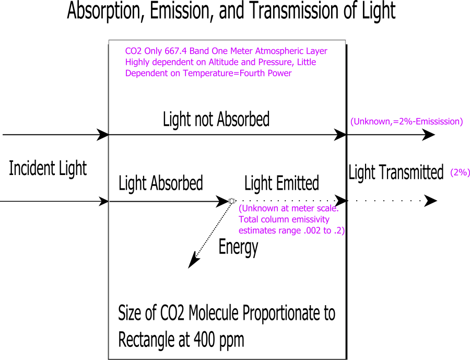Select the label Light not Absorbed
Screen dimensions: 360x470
pos(216,120)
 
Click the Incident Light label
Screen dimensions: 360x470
pos(48,169)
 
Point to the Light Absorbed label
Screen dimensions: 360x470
pos(161,183)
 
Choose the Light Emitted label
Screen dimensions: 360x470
pos(281,183)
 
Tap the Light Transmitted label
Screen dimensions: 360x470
pos(396,172)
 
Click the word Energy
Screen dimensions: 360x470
pos(238,247)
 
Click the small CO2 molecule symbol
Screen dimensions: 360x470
pos(231,201)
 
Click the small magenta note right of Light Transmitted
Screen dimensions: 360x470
pos(459,173)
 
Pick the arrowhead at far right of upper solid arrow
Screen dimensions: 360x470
pos(429,135)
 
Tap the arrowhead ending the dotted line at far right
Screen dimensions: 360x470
pos(431,201)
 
